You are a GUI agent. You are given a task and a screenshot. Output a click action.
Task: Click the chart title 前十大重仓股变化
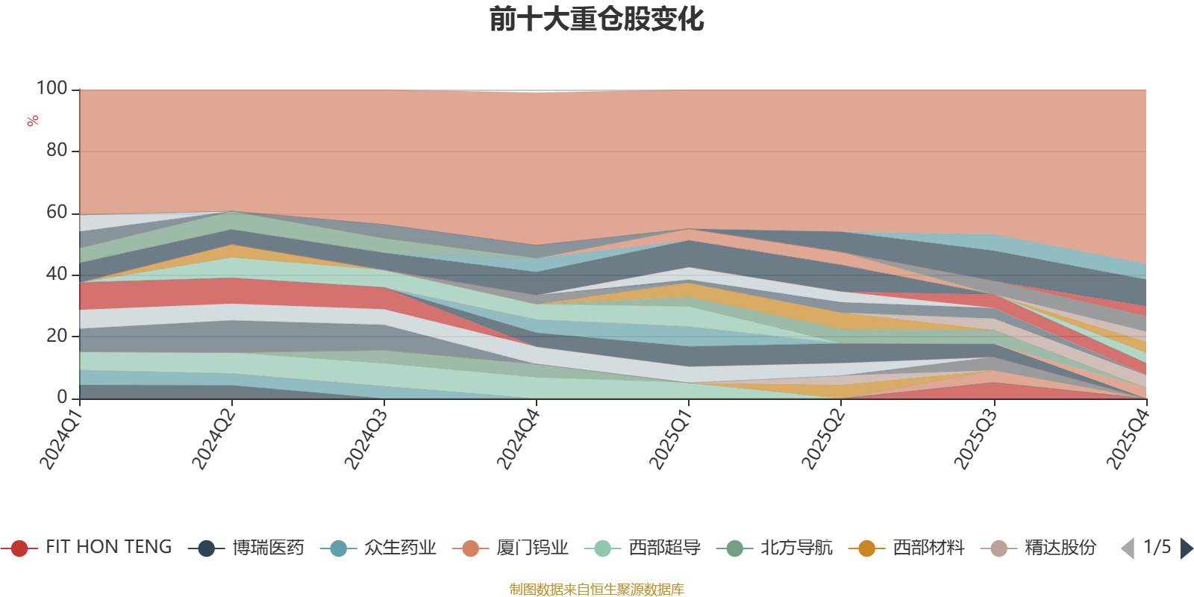pos(596,19)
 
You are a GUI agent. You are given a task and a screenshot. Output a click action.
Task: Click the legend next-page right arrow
pos(1186,548)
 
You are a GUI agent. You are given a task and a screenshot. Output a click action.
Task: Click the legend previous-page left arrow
pos(1128,548)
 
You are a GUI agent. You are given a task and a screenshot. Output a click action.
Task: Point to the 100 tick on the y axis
pos(51,89)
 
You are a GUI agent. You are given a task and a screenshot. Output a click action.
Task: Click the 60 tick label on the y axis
pos(56,213)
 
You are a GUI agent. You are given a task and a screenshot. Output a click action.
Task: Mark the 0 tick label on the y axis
pos(62,398)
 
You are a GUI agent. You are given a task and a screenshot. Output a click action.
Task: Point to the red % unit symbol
pos(33,121)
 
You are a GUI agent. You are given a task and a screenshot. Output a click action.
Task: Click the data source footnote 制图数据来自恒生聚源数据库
pos(596,590)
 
